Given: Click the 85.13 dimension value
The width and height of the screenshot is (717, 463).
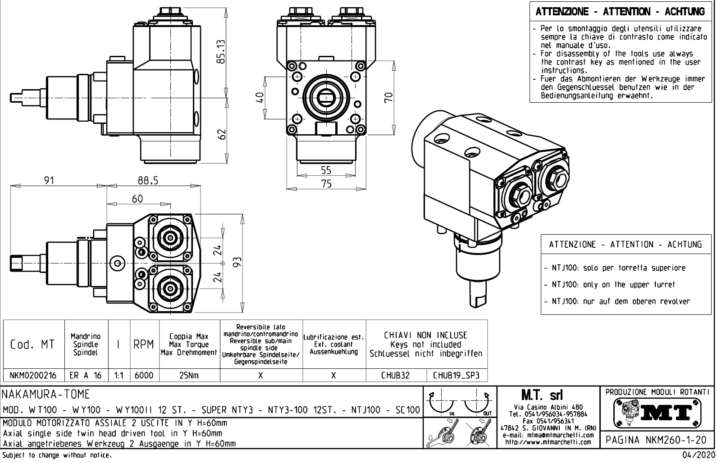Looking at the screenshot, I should pyautogui.click(x=221, y=52).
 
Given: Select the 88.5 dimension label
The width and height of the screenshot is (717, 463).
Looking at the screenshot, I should pyautogui.click(x=148, y=180).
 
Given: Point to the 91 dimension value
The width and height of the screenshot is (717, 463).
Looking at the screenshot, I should pyautogui.click(x=49, y=180).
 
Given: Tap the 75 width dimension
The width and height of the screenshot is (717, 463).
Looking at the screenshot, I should pyautogui.click(x=326, y=183).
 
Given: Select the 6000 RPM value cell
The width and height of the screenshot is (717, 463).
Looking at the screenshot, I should pyautogui.click(x=144, y=375).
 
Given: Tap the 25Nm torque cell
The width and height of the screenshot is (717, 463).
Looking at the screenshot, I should pyautogui.click(x=190, y=375).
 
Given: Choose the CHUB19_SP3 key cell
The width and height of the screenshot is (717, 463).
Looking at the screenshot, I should pyautogui.click(x=456, y=375).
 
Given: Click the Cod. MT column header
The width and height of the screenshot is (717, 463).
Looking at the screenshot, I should pyautogui.click(x=32, y=345).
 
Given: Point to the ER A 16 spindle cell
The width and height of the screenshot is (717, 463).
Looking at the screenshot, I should pyautogui.click(x=86, y=375).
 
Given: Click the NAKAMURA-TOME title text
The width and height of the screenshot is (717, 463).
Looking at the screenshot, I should pyautogui.click(x=46, y=395).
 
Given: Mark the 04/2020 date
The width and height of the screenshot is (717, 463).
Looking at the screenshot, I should pyautogui.click(x=698, y=455).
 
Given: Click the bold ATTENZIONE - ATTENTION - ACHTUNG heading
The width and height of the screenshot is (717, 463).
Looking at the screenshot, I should pyautogui.click(x=620, y=12).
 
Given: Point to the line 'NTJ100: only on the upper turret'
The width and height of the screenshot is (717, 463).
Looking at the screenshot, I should pyautogui.click(x=613, y=285).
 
